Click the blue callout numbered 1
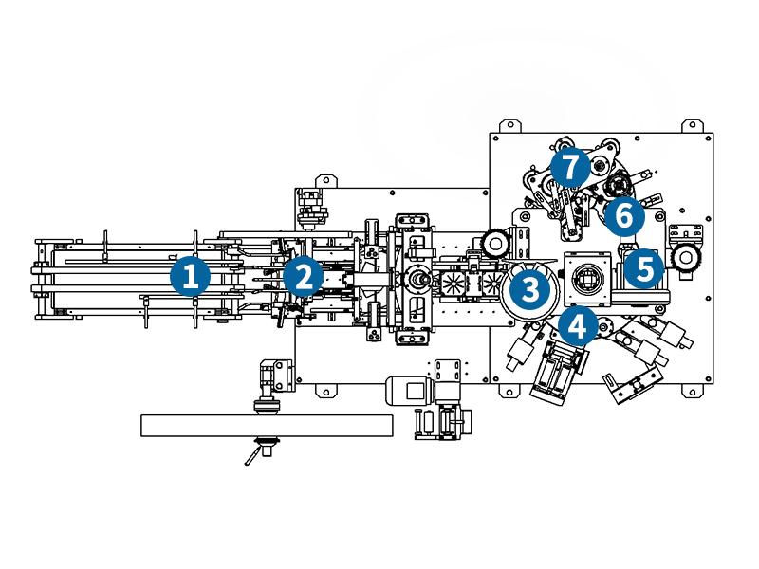[x=189, y=277]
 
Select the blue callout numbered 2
[x=303, y=276]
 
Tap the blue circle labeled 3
[x=529, y=286]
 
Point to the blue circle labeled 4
[x=577, y=327]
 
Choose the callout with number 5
[x=644, y=267]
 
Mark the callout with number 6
[x=622, y=217]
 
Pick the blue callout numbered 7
[x=568, y=168]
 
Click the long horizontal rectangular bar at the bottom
[x=266, y=426]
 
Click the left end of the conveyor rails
[x=41, y=277]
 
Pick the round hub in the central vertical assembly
[x=416, y=280]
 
